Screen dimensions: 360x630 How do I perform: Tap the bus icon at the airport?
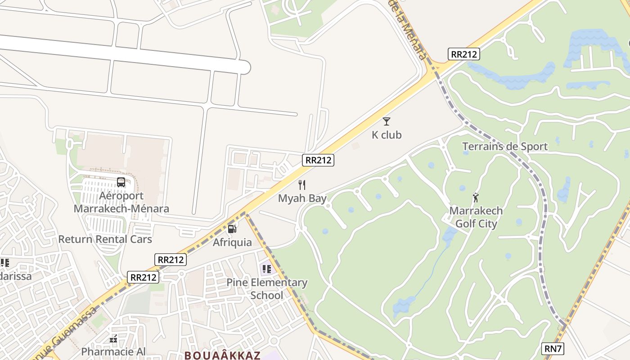pos(121,182)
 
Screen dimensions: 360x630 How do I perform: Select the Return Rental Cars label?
pos(105,239)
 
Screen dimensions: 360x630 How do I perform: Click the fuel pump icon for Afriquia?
pos(232,229)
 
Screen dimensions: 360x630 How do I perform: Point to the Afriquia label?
pos(232,242)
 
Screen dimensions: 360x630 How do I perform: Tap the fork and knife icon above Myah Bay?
pos(302,184)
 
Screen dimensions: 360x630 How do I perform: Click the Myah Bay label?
pos(302,198)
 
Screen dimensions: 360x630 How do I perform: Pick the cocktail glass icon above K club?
pos(386,121)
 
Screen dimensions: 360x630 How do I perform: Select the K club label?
pos(387,135)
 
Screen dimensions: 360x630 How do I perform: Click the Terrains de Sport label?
pos(505,146)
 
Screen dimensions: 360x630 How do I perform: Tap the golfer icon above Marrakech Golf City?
pos(476,197)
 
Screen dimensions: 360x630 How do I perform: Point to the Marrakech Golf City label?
pos(476,217)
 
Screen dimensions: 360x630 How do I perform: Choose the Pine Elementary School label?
pos(267,289)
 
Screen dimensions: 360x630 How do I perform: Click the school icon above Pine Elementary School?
pos(266,269)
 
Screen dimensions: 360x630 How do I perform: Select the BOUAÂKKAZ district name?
pos(222,355)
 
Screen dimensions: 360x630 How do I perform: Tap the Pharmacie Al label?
pos(113,351)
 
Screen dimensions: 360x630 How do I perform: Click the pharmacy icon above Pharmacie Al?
pos(113,338)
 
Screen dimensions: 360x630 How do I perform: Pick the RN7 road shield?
pos(553,348)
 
